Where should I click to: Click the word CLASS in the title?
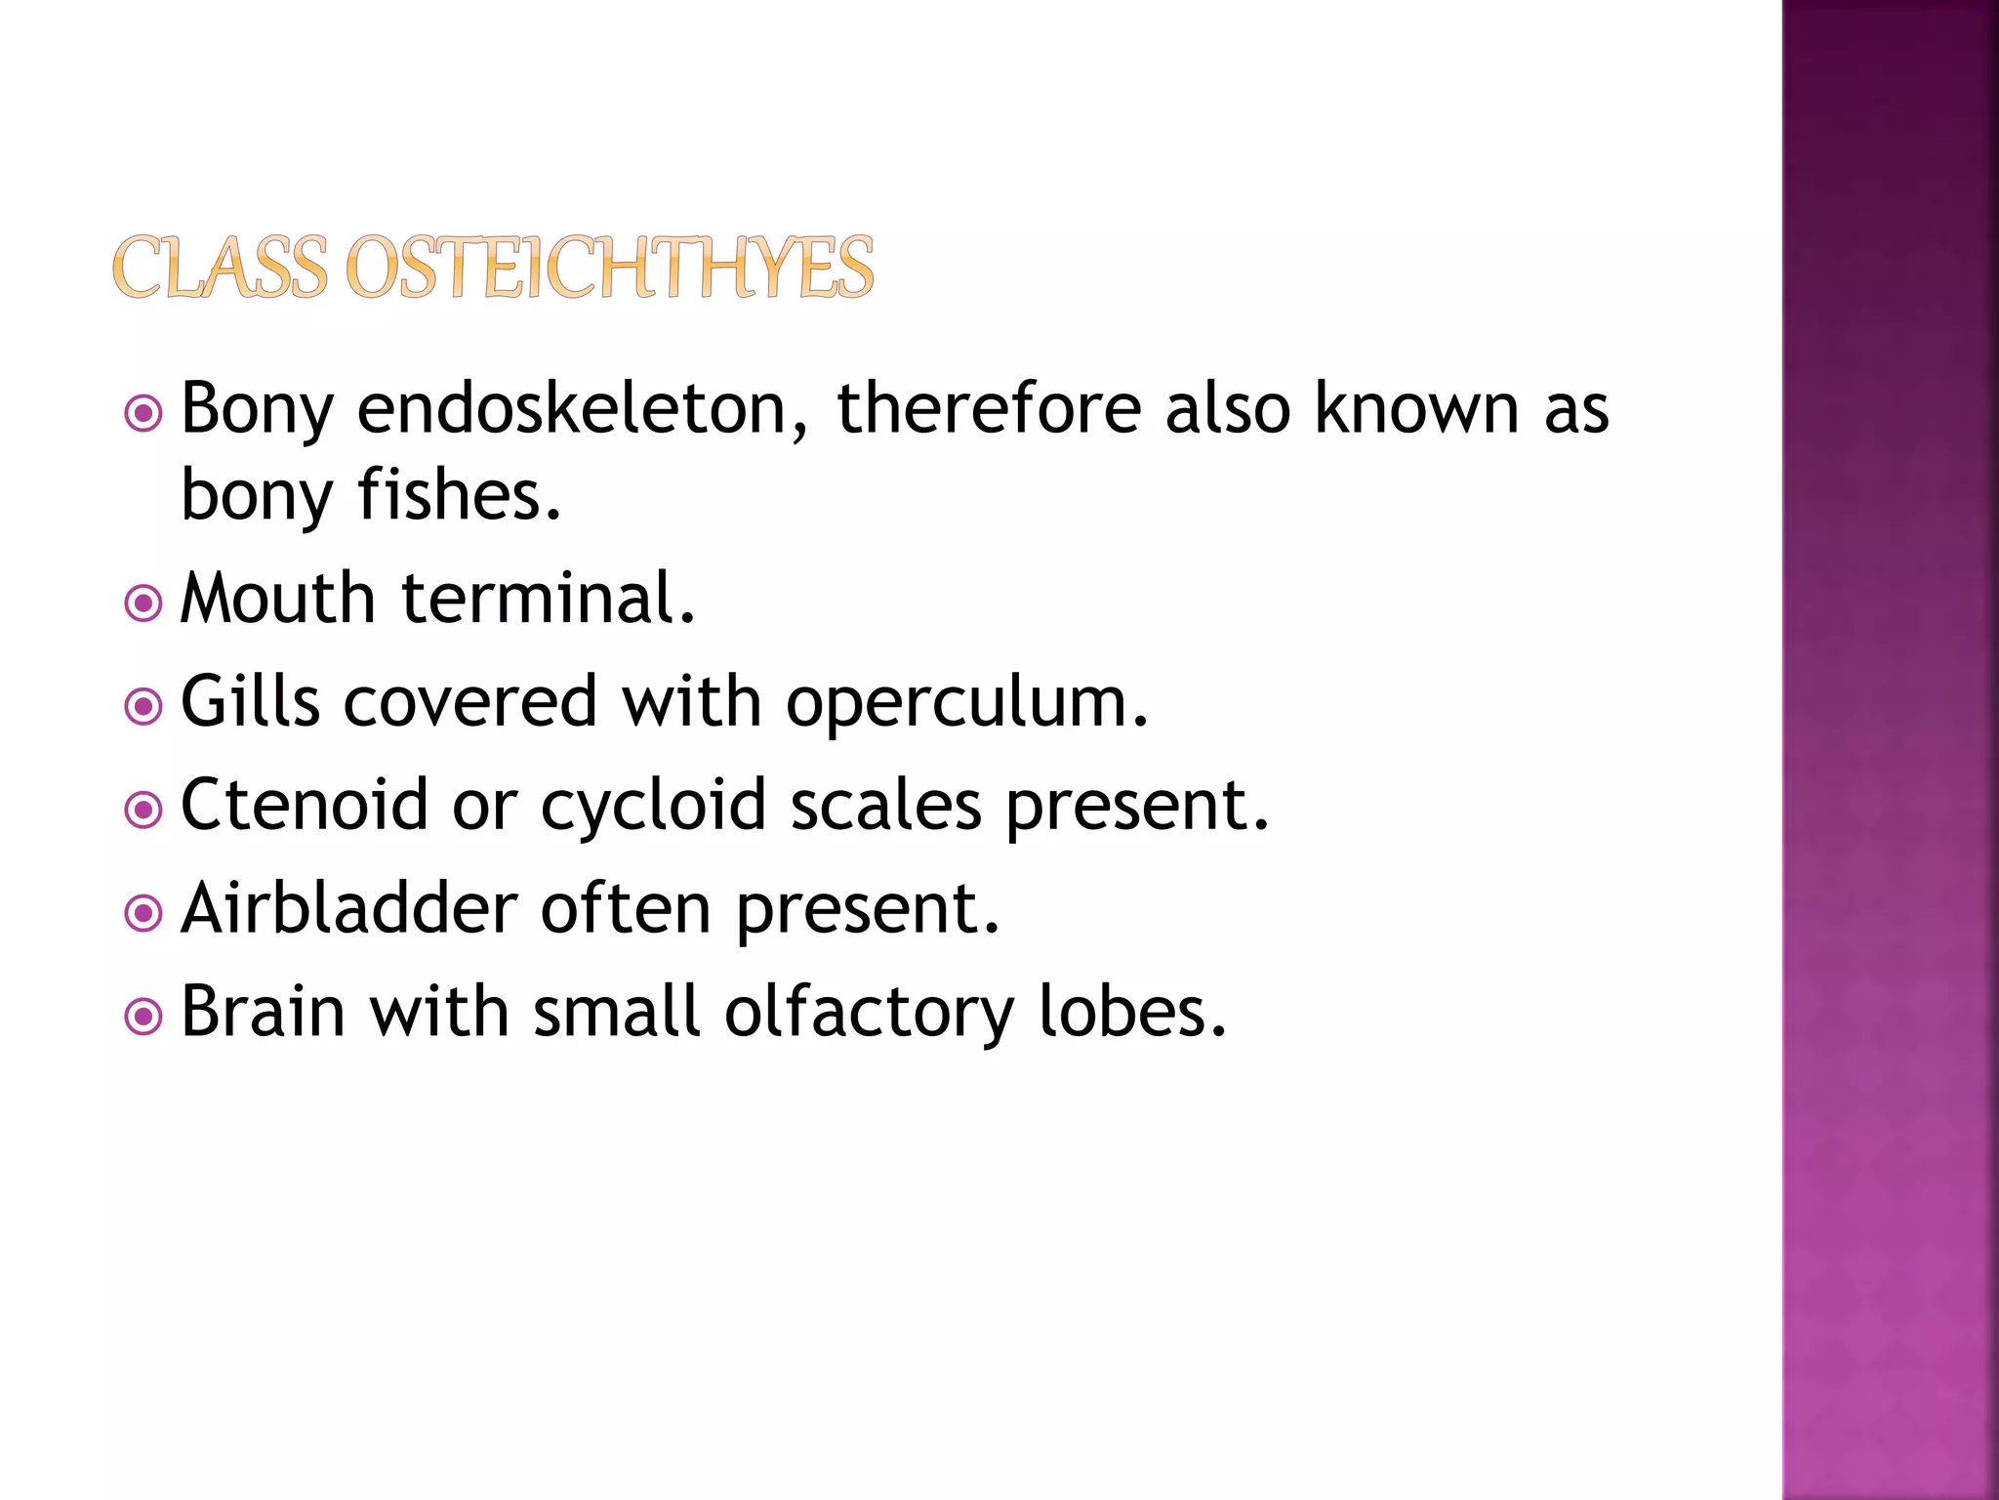pyautogui.click(x=221, y=268)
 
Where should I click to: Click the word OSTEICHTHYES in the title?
pyautogui.click(x=610, y=268)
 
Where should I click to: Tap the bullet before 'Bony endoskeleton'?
pyautogui.click(x=143, y=414)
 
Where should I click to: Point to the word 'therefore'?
pyautogui.click(x=989, y=408)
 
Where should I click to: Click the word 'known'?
pyautogui.click(x=1416, y=408)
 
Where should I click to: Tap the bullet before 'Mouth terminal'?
pyautogui.click(x=143, y=604)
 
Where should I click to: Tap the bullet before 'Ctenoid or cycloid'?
pyautogui.click(x=143, y=810)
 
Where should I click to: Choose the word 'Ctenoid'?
pyautogui.click(x=305, y=805)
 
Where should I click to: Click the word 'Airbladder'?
pyautogui.click(x=348, y=908)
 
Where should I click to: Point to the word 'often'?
pyautogui.click(x=626, y=908)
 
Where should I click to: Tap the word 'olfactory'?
pyautogui.click(x=869, y=1014)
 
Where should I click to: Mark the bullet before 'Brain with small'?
pyautogui.click(x=143, y=1017)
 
